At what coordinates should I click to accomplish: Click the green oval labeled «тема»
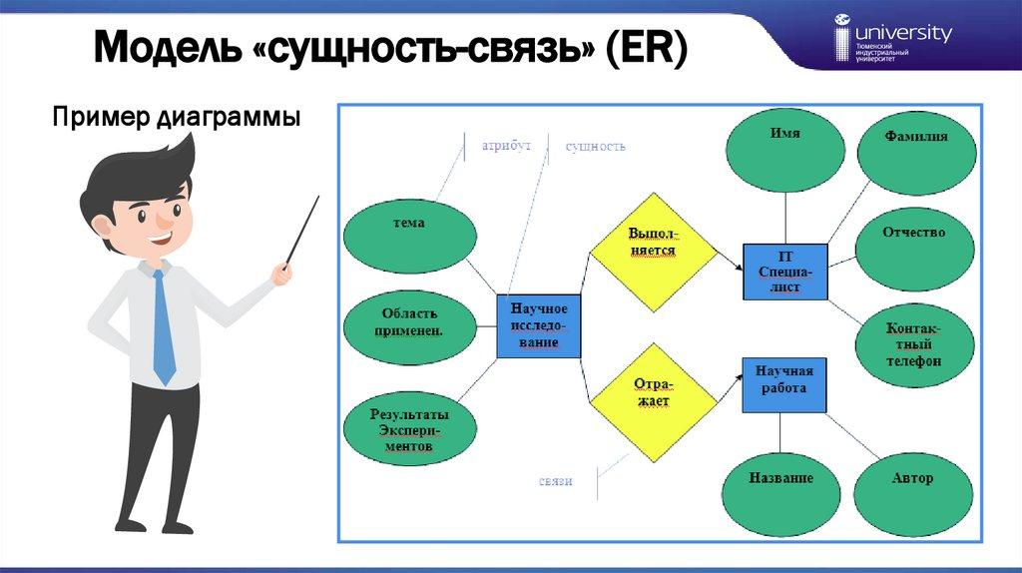click(x=409, y=236)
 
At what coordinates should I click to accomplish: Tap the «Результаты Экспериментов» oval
click(x=409, y=429)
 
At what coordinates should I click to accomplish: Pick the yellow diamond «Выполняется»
click(x=653, y=243)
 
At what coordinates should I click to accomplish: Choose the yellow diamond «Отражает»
click(x=653, y=392)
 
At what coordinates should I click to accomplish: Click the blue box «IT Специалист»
click(x=785, y=272)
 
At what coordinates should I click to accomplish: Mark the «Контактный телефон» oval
click(x=913, y=344)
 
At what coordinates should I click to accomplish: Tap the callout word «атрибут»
click(x=507, y=146)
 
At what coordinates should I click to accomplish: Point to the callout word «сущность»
click(x=596, y=146)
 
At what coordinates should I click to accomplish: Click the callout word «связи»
click(x=555, y=481)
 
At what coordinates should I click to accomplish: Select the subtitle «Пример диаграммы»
click(x=177, y=119)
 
